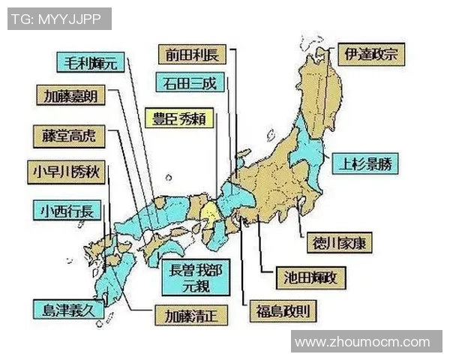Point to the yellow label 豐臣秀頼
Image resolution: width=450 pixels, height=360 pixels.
pyautogui.click(x=179, y=118)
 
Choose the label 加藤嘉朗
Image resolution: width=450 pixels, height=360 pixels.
pyautogui.click(x=70, y=96)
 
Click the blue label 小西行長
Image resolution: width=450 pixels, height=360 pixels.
pyautogui.click(x=63, y=209)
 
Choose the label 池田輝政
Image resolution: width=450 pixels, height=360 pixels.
pyautogui.click(x=311, y=277)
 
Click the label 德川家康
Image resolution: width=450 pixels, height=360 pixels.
pyautogui.click(x=343, y=242)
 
